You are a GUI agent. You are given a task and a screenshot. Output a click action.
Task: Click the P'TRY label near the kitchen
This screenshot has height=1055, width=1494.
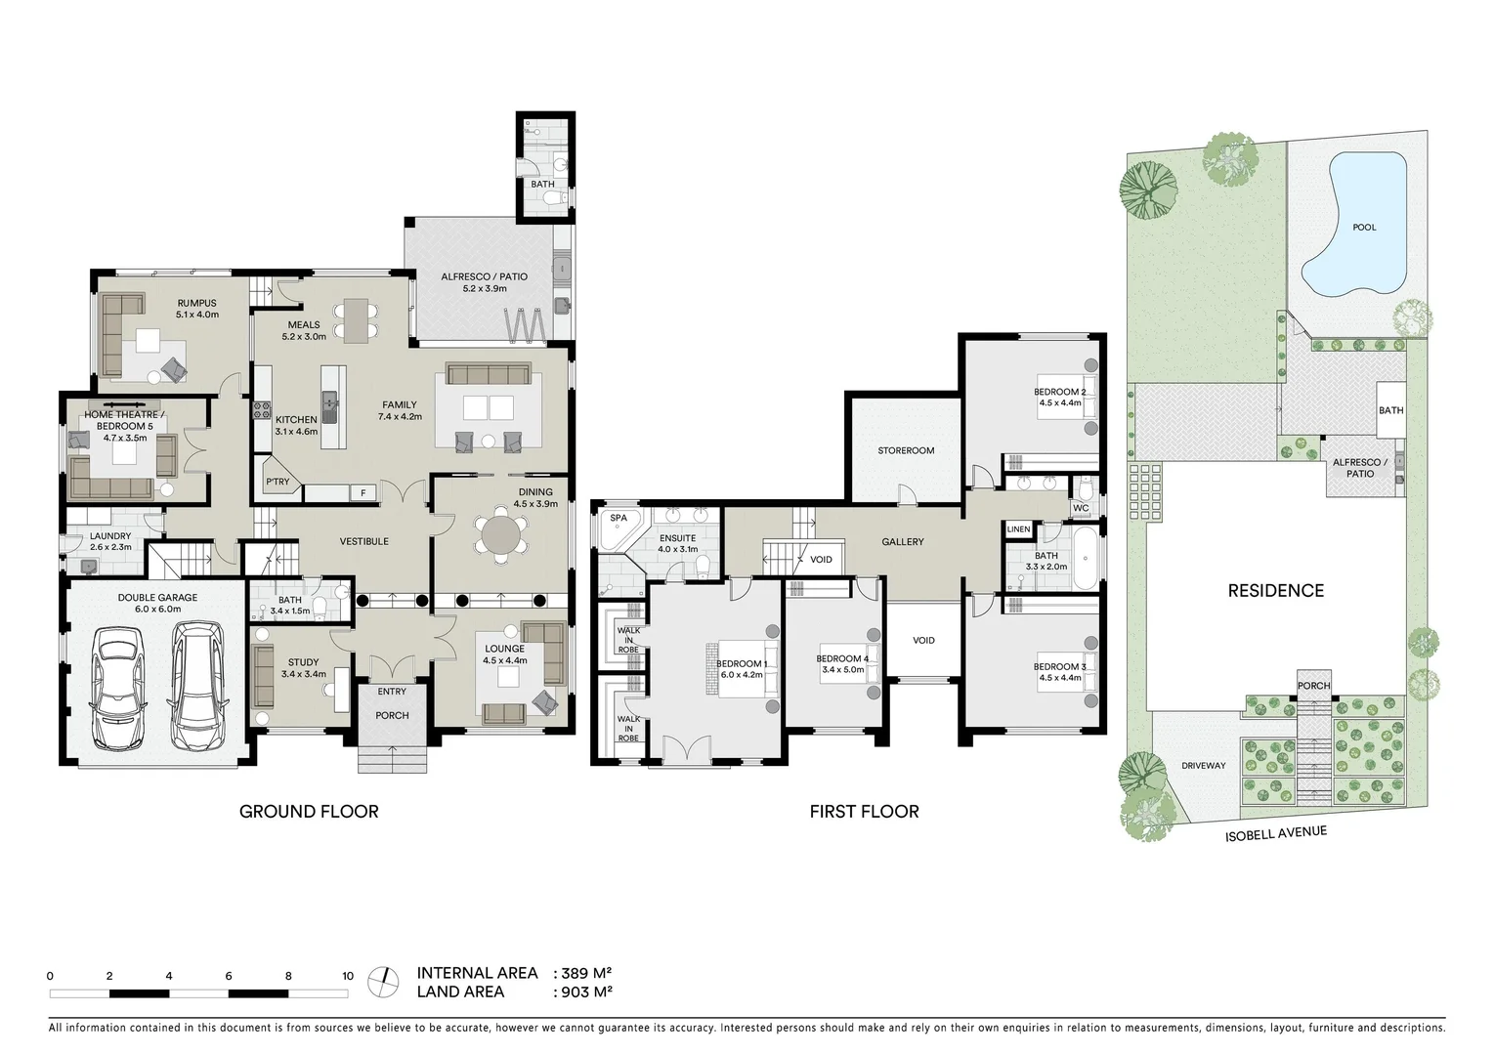(x=277, y=482)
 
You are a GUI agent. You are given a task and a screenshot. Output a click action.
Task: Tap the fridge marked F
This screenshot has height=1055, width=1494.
(x=363, y=493)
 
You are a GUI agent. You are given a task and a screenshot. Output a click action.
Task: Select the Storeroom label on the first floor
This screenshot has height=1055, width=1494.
(x=905, y=450)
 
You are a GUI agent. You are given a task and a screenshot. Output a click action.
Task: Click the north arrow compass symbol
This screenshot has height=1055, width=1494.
(x=384, y=981)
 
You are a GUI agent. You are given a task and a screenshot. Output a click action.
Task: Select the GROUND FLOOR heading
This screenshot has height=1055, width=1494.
(x=309, y=811)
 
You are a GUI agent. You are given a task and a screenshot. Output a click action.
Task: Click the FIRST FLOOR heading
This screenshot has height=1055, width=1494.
(x=864, y=811)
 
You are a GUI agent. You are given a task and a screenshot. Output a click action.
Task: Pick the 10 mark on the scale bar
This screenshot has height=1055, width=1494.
(x=347, y=976)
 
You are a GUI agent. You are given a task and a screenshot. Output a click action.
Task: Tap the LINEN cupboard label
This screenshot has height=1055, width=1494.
(x=1017, y=529)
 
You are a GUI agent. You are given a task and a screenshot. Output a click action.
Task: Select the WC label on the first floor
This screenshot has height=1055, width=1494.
(x=1080, y=508)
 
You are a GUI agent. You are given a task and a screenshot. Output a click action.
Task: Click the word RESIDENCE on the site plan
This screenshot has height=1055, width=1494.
(x=1275, y=590)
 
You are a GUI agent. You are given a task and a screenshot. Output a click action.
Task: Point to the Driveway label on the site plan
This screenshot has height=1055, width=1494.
(x=1202, y=766)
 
